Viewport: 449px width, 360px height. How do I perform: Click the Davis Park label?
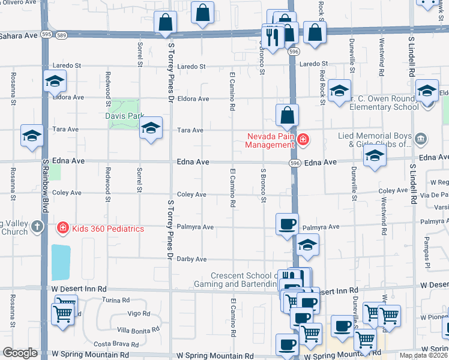point(125,115)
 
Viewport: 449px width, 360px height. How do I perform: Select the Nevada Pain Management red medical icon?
point(304,140)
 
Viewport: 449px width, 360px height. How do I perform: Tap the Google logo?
point(20,353)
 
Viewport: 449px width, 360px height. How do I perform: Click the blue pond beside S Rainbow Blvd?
point(61,262)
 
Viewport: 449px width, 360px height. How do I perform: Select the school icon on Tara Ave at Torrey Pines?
point(151,127)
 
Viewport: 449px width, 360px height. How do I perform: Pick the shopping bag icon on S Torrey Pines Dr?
point(165,23)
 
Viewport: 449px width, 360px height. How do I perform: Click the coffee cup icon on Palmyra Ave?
point(287,224)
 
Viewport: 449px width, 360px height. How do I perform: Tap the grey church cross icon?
point(37,227)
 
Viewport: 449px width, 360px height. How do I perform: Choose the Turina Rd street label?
point(115,300)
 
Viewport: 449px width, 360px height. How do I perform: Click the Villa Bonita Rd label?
point(138,329)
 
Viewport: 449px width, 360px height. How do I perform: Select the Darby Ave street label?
point(192,259)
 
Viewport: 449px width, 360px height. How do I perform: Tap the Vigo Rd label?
point(138,313)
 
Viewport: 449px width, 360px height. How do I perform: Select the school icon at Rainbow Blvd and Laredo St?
point(55,82)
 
